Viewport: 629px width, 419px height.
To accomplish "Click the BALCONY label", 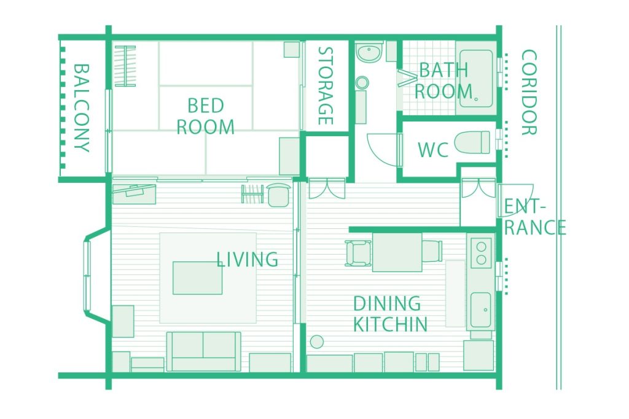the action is coord(82,108).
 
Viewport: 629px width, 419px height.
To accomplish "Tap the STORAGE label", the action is coord(326,86).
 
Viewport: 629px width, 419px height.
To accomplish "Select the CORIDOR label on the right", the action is coord(529,93).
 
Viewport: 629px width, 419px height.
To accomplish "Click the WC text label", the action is coord(433,150).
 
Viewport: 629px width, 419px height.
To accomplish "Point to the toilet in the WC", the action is coord(472,142).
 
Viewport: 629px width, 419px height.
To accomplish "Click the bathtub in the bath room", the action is coord(476,79).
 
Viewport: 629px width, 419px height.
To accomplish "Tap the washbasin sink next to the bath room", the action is coord(369,53).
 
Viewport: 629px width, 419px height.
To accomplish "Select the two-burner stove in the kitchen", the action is coord(482,253).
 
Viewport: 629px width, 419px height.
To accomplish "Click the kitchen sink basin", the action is coord(480,310).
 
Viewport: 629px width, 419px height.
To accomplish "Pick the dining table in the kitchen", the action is coord(397,252).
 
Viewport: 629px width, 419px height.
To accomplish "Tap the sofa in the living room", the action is coord(204,352).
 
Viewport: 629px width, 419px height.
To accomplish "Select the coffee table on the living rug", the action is coord(197,278).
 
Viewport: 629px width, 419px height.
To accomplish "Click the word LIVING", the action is coord(247,259).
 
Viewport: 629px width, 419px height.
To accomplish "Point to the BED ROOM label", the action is coord(205,116).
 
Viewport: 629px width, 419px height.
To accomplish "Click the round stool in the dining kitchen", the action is coord(317,342).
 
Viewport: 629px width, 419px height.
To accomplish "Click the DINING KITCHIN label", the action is coord(390,314).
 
